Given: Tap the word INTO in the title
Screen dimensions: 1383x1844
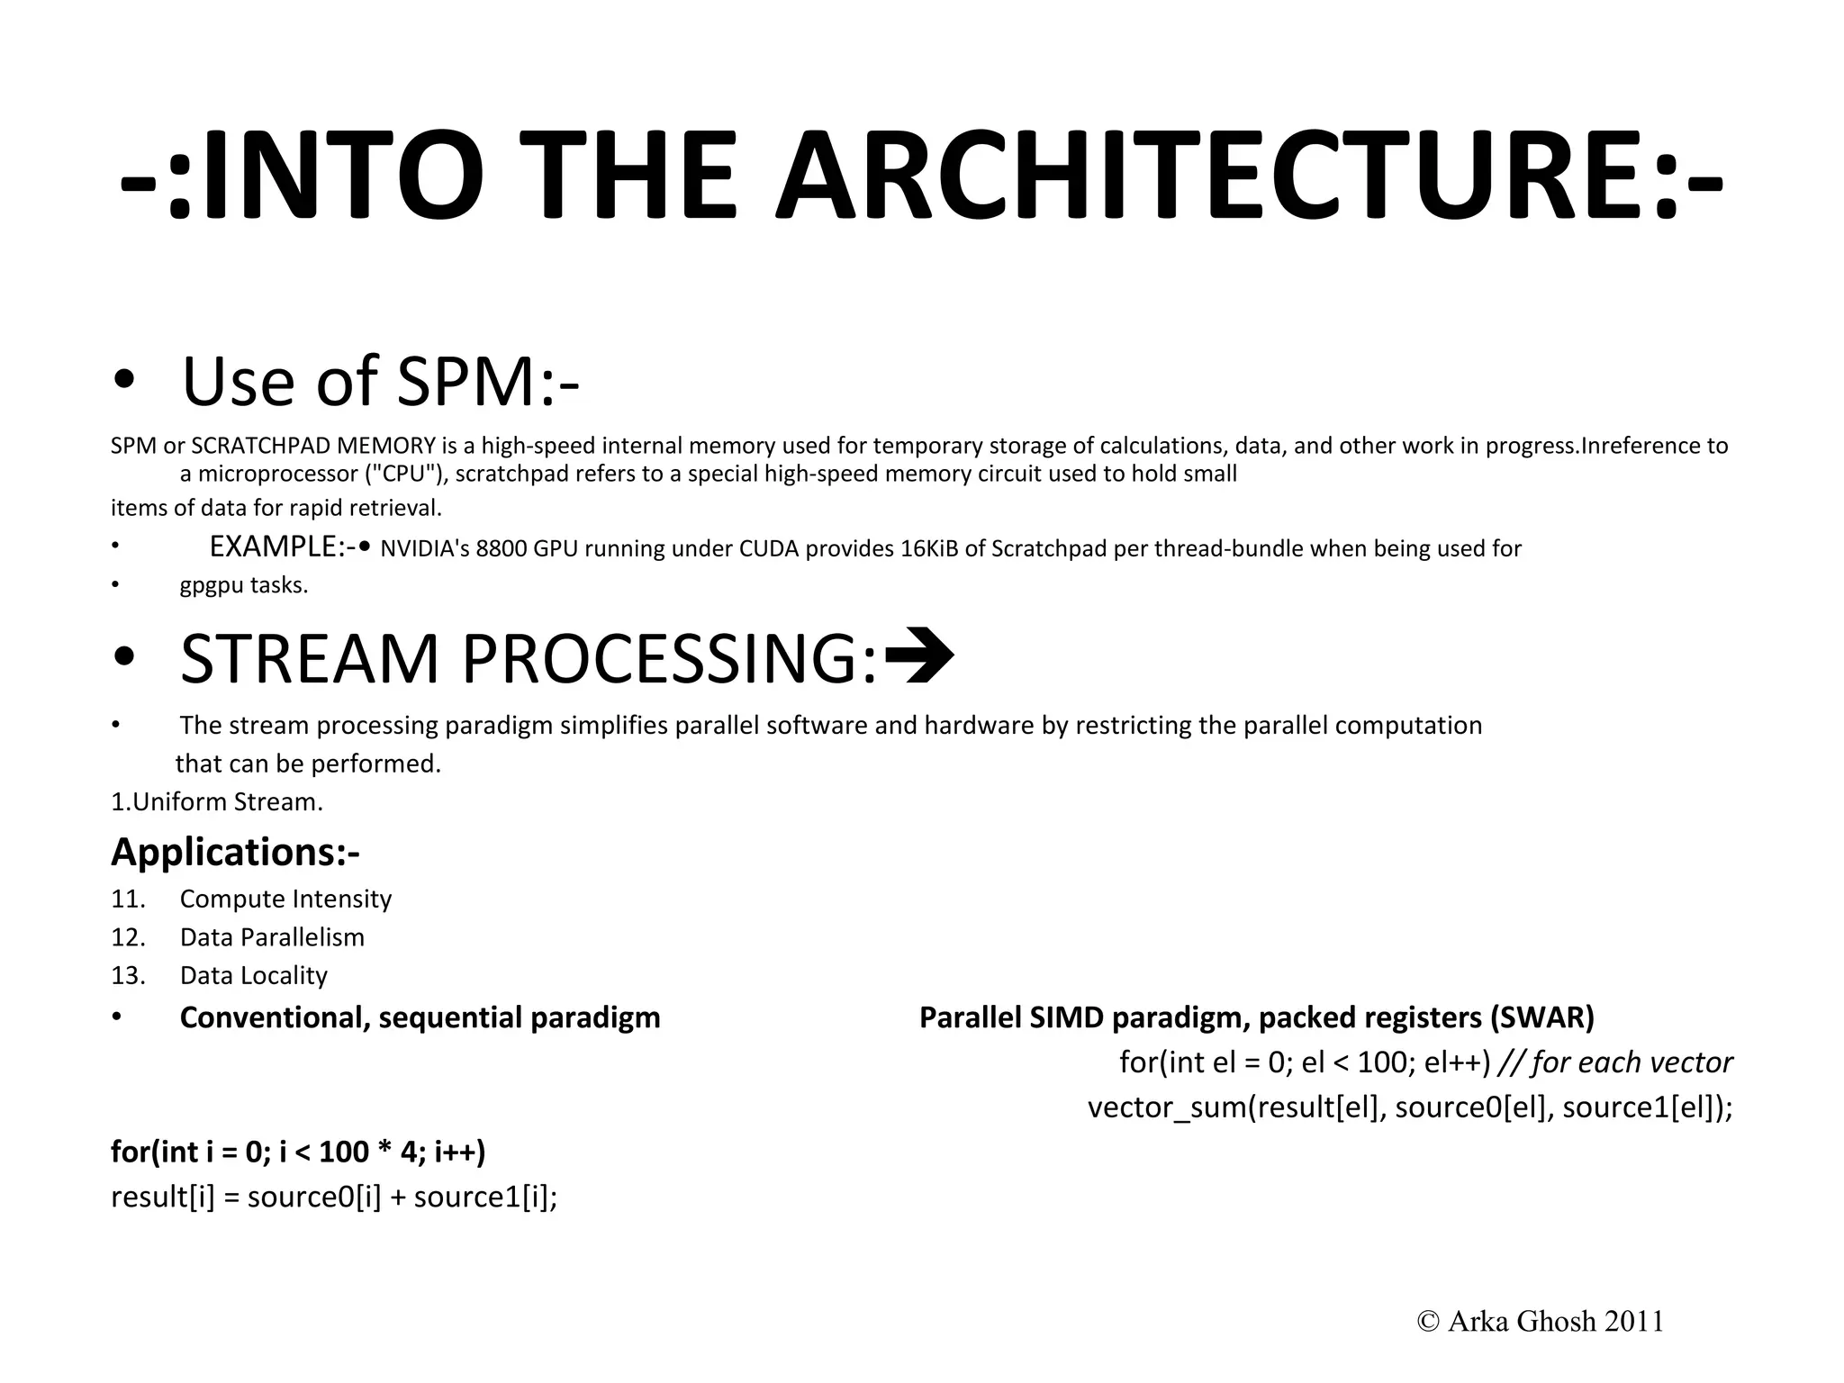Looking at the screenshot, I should [343, 177].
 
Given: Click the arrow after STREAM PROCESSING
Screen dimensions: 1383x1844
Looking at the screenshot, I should [919, 656].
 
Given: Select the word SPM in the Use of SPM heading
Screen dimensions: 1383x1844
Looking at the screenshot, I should [466, 382].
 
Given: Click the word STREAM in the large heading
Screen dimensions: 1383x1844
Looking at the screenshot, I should [310, 659].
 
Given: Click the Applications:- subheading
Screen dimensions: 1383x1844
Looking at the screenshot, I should [235, 852].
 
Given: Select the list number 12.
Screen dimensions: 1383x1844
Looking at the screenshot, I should [128, 937].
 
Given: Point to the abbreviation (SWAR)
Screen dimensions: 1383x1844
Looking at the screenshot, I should [1541, 1017].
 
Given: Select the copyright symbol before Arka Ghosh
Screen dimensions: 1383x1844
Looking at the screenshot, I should [1428, 1321].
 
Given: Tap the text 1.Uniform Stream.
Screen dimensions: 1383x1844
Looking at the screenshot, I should [216, 801].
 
